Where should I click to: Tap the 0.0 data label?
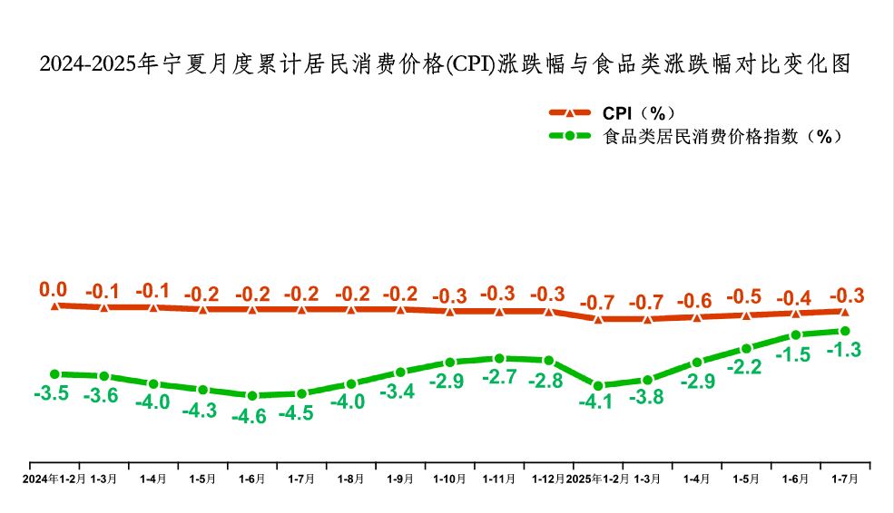click(54, 290)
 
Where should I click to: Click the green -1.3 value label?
click(843, 350)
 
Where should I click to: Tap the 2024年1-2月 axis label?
click(54, 478)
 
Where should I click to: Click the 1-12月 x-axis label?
click(548, 478)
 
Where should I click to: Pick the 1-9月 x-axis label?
click(400, 478)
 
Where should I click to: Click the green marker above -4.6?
click(252, 395)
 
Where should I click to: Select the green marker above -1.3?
click(845, 331)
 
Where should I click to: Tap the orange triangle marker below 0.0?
click(55, 305)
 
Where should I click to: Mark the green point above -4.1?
click(598, 385)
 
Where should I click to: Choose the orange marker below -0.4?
click(796, 313)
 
